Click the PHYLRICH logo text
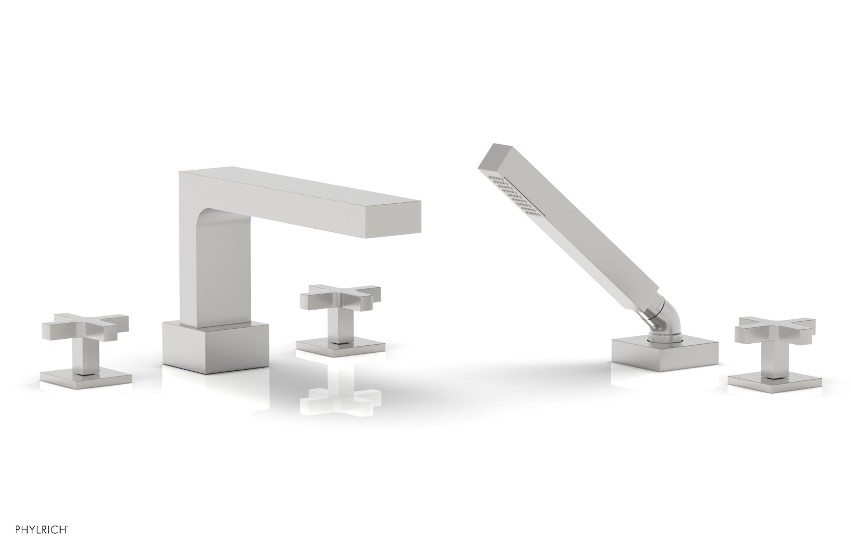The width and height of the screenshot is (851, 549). point(41,530)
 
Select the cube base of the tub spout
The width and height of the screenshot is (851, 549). point(215,347)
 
